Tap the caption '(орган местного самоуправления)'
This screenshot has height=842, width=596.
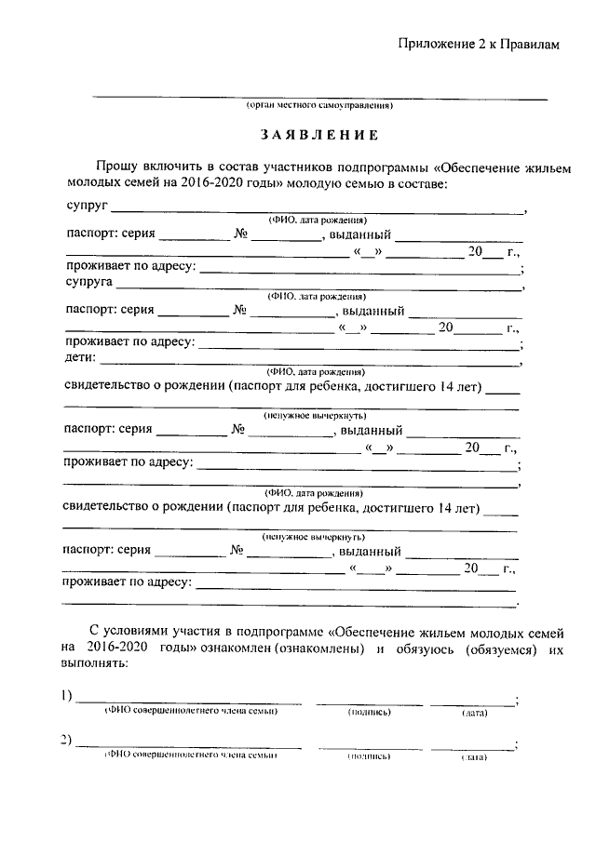point(319,107)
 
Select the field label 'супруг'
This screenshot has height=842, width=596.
point(88,202)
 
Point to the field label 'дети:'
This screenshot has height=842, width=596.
point(82,356)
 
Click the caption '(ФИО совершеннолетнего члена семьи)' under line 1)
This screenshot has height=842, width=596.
point(191,712)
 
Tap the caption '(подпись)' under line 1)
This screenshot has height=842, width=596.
point(369,712)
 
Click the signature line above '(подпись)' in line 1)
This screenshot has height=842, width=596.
point(366,702)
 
